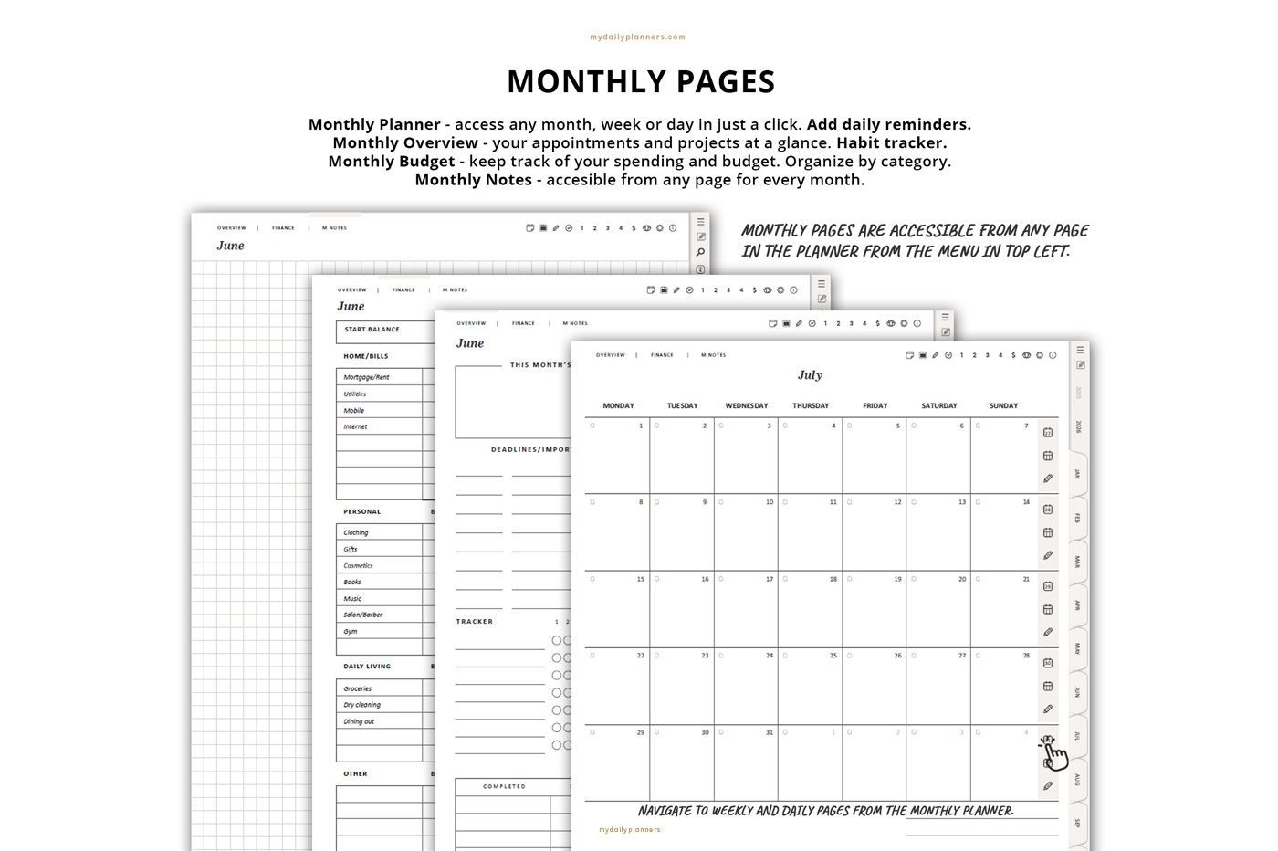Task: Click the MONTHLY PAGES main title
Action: pyautogui.click(x=641, y=82)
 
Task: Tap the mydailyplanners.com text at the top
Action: pyautogui.click(x=637, y=37)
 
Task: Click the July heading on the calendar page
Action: pyautogui.click(x=810, y=375)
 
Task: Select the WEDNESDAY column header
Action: pyautogui.click(x=747, y=405)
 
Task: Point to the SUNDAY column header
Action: pyautogui.click(x=1003, y=405)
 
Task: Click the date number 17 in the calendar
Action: pyautogui.click(x=769, y=579)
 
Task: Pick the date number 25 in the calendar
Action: pyautogui.click(x=833, y=656)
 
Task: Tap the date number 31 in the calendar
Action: pyautogui.click(x=769, y=732)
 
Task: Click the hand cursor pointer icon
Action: pyautogui.click(x=1054, y=754)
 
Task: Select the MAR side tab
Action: pyautogui.click(x=1077, y=562)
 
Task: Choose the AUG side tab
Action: pyautogui.click(x=1077, y=780)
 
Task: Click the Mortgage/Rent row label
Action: pyautogui.click(x=366, y=377)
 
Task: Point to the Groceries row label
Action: pyautogui.click(x=358, y=688)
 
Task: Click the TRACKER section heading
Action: pyautogui.click(x=475, y=622)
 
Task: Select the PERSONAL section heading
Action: pyautogui.click(x=362, y=512)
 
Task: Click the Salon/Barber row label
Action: pyautogui.click(x=363, y=615)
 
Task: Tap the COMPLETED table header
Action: pyautogui.click(x=504, y=786)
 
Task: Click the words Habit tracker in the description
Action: pyautogui.click(x=891, y=142)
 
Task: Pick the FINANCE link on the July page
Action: pyautogui.click(x=662, y=355)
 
